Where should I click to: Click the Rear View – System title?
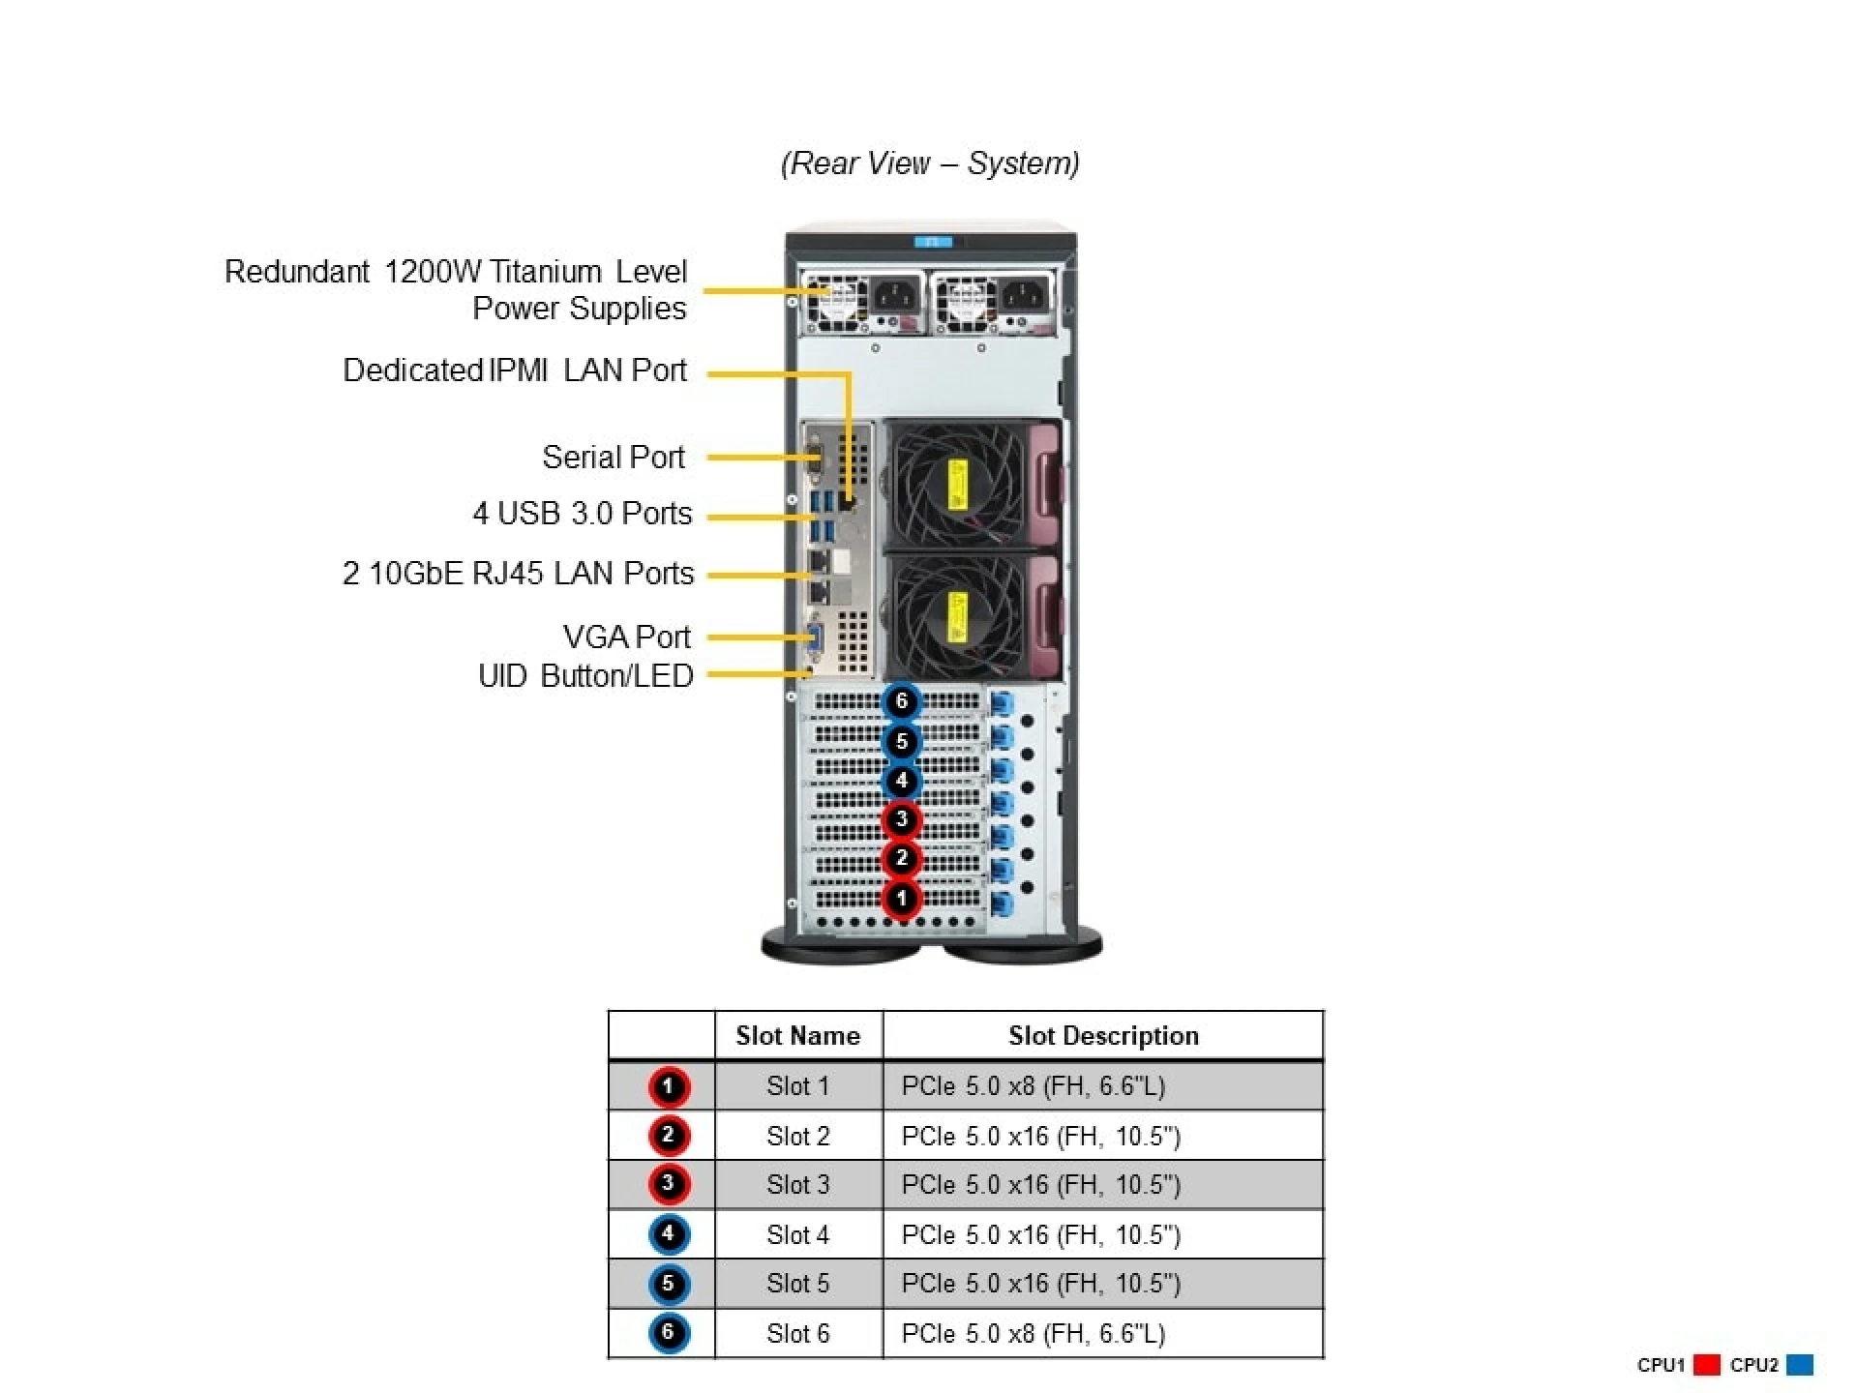(x=929, y=163)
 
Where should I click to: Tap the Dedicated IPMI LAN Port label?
(x=514, y=370)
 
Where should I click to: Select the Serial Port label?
(x=613, y=457)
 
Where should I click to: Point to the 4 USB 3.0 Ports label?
(x=582, y=513)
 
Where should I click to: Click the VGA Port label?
(x=626, y=637)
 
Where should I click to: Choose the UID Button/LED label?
(x=585, y=675)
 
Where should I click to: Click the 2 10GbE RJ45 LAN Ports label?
(x=518, y=573)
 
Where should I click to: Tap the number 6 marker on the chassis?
(x=901, y=700)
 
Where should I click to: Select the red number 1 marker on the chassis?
(x=901, y=898)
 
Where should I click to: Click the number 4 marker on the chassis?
(x=901, y=780)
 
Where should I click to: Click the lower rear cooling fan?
(x=956, y=617)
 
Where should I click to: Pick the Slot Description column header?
(x=1103, y=1035)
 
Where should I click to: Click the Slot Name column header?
(x=797, y=1035)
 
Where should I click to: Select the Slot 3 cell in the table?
(x=797, y=1184)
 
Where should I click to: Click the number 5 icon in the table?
(x=668, y=1284)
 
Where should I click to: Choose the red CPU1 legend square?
(x=1707, y=1365)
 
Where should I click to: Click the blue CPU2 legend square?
(x=1800, y=1365)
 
